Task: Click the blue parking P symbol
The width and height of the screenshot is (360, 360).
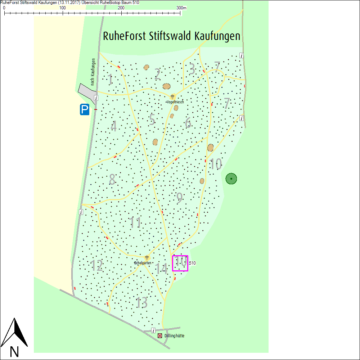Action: pyautogui.click(x=85, y=109)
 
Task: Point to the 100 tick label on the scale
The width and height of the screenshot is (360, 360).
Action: pyautogui.click(x=63, y=8)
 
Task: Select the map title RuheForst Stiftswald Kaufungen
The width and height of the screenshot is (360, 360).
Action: pyautogui.click(x=171, y=36)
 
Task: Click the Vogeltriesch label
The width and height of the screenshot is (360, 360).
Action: pyautogui.click(x=175, y=102)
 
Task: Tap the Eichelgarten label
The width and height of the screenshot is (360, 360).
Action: pyautogui.click(x=143, y=263)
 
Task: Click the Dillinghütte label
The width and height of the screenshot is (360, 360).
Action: pyautogui.click(x=174, y=336)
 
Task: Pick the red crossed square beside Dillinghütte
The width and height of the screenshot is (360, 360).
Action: pyautogui.click(x=160, y=336)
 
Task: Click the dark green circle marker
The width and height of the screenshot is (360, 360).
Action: pyautogui.click(x=231, y=179)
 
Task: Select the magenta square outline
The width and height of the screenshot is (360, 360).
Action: pyautogui.click(x=180, y=263)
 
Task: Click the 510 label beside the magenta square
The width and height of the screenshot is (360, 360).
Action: pyautogui.click(x=192, y=263)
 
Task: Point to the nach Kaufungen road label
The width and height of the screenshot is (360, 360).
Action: pyautogui.click(x=93, y=72)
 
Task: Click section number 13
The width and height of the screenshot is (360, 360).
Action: pyautogui.click(x=142, y=303)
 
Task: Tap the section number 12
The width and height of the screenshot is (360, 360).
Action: pyautogui.click(x=96, y=266)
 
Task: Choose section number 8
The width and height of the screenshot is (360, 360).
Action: pyautogui.click(x=112, y=179)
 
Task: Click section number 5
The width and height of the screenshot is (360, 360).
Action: pyautogui.click(x=152, y=120)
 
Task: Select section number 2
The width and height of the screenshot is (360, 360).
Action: pyautogui.click(x=157, y=75)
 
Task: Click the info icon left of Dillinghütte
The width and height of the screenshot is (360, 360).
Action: pyautogui.click(x=153, y=330)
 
